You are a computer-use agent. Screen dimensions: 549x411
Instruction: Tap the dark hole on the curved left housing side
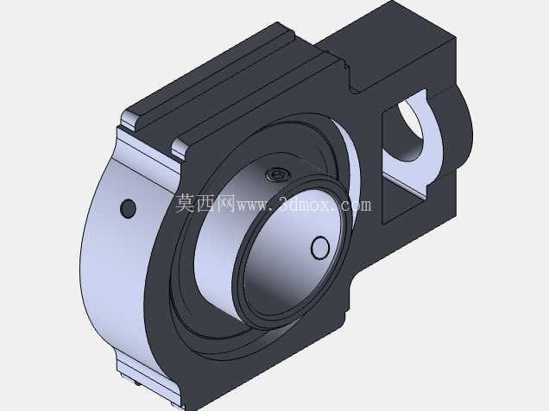[x=128, y=209]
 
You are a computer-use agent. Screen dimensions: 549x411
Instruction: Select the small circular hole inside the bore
[x=320, y=248]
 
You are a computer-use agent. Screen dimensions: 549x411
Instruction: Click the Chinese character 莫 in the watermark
[x=185, y=204]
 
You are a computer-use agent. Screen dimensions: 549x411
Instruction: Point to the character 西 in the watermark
[x=205, y=204]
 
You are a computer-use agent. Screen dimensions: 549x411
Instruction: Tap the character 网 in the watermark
[x=226, y=204]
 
